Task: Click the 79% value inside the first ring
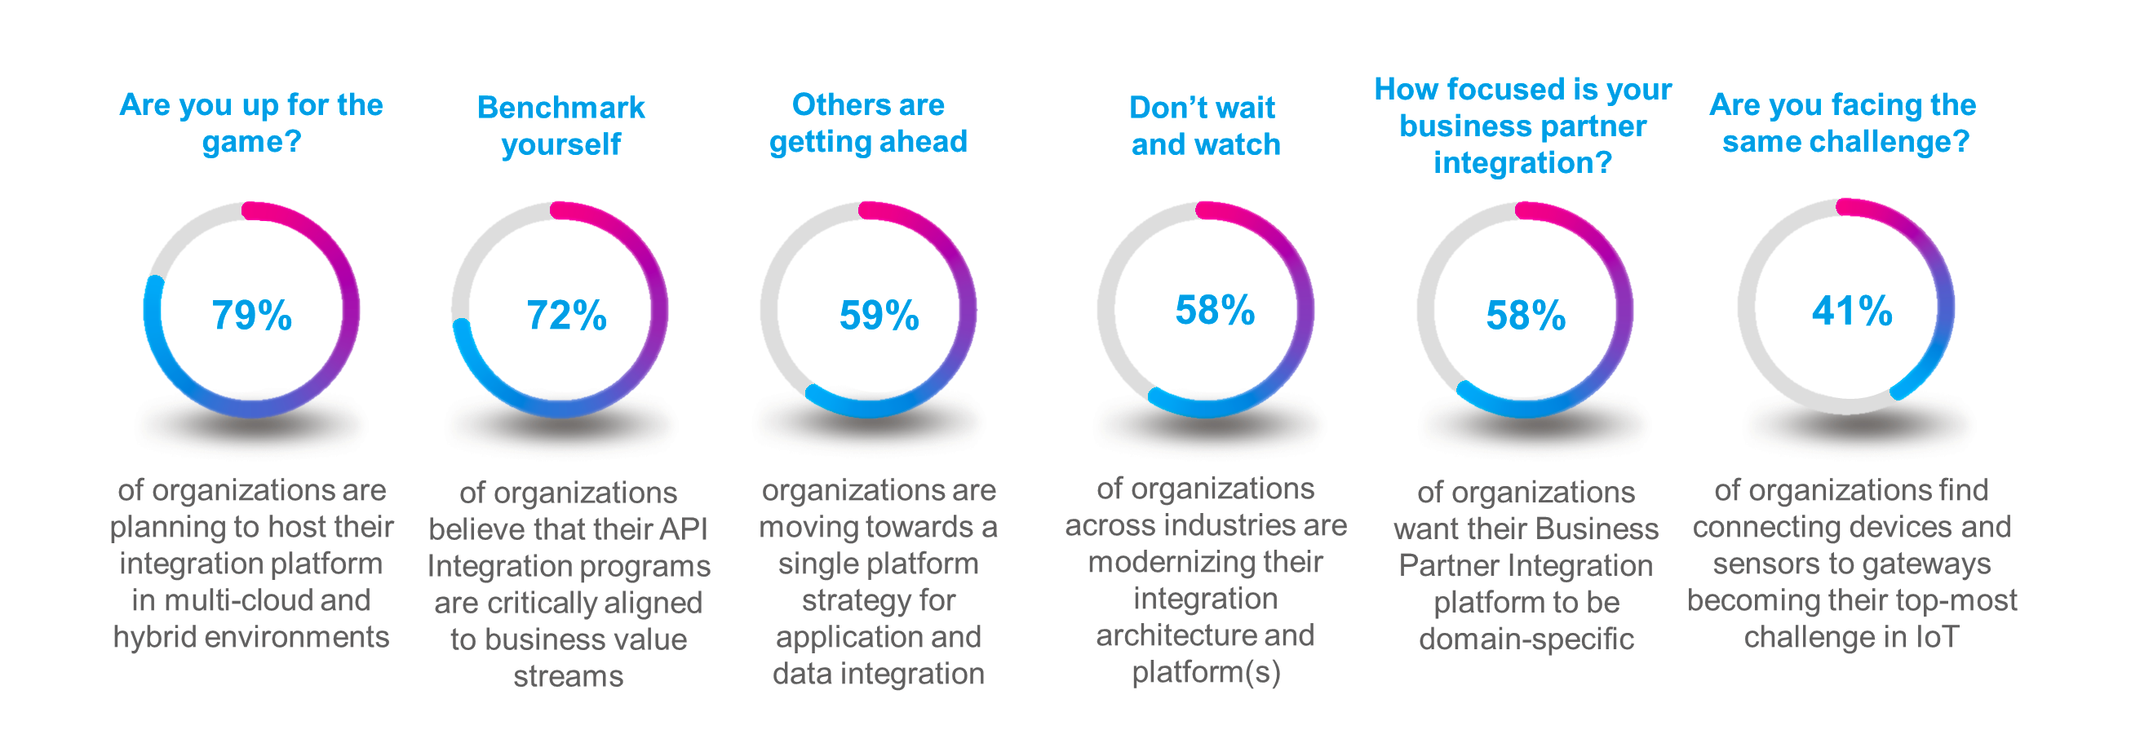[x=251, y=315]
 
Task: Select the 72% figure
[x=567, y=315]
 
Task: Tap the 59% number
[x=879, y=315]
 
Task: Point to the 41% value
[x=1851, y=311]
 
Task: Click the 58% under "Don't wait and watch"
[x=1215, y=310]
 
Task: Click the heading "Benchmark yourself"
[x=560, y=126]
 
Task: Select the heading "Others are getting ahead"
[x=868, y=123]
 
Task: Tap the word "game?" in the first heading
[x=251, y=142]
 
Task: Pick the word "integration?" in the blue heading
[x=1522, y=163]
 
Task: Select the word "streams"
[x=569, y=677]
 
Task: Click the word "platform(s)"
[x=1206, y=673]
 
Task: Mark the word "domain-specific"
[x=1526, y=639]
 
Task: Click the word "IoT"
[x=1937, y=638]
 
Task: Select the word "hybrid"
[x=155, y=638]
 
